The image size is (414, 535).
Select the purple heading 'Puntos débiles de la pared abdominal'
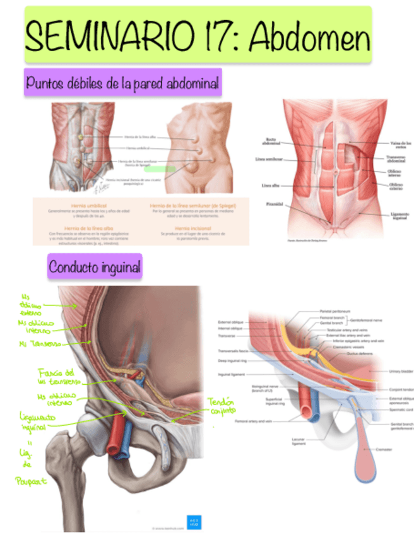click(122, 83)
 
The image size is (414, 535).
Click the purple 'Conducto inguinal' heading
click(95, 267)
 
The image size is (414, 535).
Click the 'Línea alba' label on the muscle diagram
click(272, 185)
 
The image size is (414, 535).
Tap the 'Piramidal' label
click(274, 204)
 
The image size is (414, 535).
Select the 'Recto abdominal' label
click(270, 141)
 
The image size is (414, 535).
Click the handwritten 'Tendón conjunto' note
click(220, 408)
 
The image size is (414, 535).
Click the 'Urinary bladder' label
click(400, 371)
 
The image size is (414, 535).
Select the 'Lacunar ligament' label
click(281, 440)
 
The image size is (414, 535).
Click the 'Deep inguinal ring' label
click(232, 361)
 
